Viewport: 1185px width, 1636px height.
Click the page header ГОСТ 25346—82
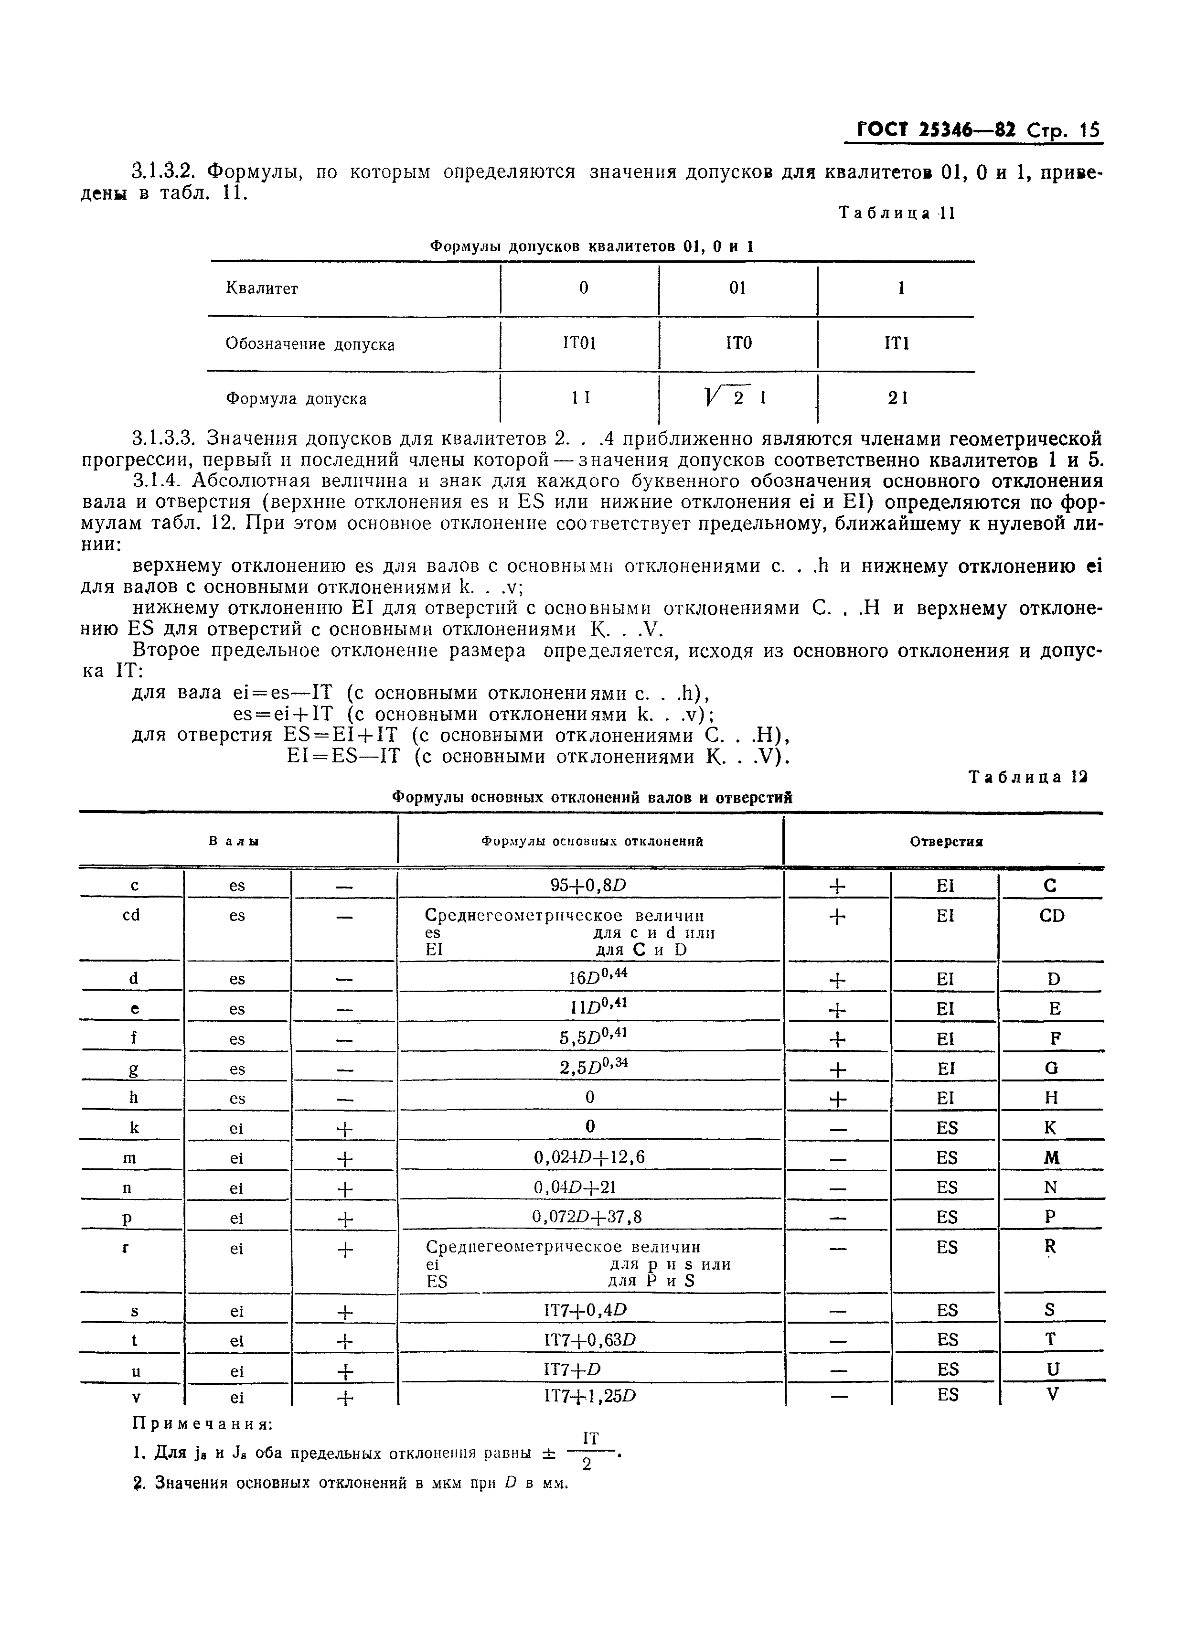click(937, 130)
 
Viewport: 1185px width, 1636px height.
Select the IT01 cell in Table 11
click(579, 343)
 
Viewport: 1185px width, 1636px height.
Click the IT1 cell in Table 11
click(897, 343)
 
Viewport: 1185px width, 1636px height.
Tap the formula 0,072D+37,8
click(587, 1217)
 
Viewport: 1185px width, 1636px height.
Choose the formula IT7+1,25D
click(589, 1396)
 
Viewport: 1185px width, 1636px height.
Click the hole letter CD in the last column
click(1052, 915)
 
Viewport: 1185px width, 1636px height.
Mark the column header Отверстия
click(946, 841)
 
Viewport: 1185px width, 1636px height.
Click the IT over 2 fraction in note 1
click(589, 1451)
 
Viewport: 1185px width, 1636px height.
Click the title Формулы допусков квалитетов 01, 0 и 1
click(591, 246)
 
